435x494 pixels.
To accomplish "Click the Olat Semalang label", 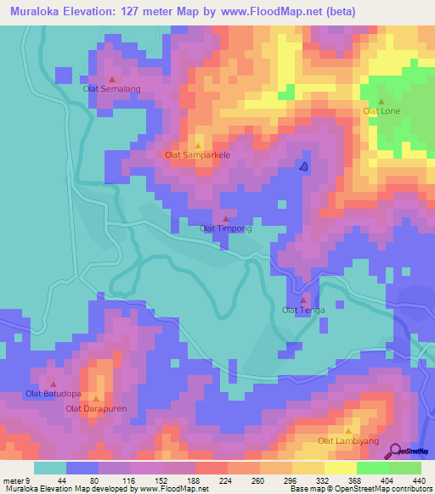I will click(x=110, y=88).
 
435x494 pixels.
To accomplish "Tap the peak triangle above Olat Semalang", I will click(x=111, y=79).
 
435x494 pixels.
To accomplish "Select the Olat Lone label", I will click(x=381, y=111).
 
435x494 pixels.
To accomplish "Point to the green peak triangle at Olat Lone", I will click(x=381, y=102).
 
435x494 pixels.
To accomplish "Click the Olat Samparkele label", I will click(x=198, y=155).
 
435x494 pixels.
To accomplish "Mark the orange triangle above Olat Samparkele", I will click(x=198, y=146).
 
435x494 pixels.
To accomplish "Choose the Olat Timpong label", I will click(x=225, y=228).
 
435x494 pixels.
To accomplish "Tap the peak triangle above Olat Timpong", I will click(x=225, y=219).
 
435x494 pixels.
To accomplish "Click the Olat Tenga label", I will click(x=303, y=310).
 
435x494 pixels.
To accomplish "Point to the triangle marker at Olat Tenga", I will click(x=303, y=300).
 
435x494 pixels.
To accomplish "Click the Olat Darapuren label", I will click(x=95, y=409).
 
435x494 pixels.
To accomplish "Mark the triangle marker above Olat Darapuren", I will click(x=95, y=399).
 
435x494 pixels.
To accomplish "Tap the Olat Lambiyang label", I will click(x=347, y=441).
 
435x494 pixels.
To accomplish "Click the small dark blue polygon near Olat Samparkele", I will click(x=303, y=166).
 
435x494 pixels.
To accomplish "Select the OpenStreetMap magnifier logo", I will click(x=396, y=452).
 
